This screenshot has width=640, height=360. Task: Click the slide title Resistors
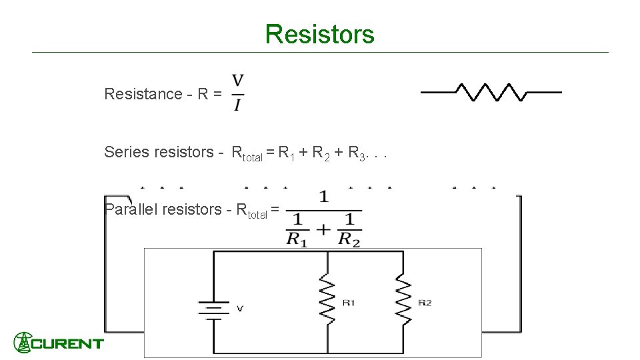coord(319,34)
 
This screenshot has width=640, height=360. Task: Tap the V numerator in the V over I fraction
coord(238,81)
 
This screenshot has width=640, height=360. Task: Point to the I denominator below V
coord(238,105)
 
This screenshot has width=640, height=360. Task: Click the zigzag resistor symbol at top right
coord(491,92)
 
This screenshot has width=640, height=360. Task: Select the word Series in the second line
coord(127,152)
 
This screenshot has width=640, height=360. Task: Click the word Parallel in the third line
coord(131,209)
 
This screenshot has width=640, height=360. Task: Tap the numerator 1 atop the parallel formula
coord(323,197)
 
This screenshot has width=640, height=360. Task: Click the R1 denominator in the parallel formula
coord(297,239)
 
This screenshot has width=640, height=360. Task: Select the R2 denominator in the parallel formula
coord(349,239)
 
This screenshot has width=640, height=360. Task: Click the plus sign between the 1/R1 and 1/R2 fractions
coord(323,229)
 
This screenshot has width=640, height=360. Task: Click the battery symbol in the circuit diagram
coord(213,309)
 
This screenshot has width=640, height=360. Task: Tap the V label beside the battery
coord(241,308)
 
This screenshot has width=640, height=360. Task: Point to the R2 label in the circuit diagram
coord(425,303)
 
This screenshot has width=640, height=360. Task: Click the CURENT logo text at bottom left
coord(70,344)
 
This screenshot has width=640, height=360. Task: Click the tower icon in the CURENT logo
coord(23,342)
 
